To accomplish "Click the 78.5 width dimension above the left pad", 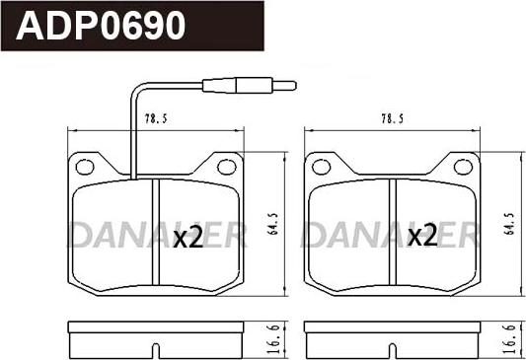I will pyautogui.click(x=155, y=118).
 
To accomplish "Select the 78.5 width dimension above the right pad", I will pyautogui.click(x=392, y=118).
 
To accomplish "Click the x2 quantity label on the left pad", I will pyautogui.click(x=188, y=237).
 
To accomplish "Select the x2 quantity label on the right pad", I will pyautogui.click(x=422, y=237).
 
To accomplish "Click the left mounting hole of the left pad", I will pyautogui.click(x=84, y=167).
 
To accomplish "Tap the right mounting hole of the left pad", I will pyautogui.click(x=227, y=167).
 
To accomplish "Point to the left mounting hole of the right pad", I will pyautogui.click(x=320, y=167).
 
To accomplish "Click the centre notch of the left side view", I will pyautogui.click(x=156, y=348).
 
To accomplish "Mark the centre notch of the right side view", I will pyautogui.click(x=392, y=348).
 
